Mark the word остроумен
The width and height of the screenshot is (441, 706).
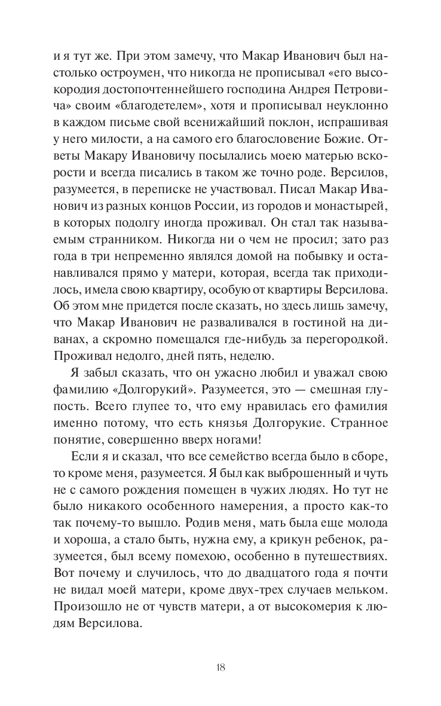coord(114,73)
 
